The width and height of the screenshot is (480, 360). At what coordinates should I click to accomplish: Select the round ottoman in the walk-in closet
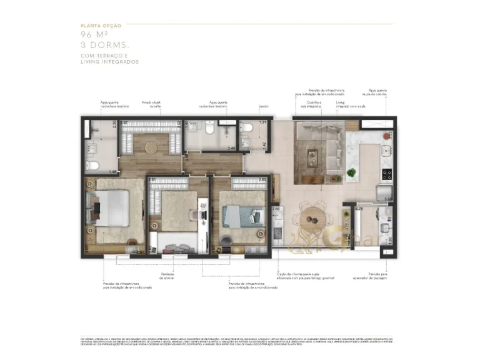click(x=152, y=148)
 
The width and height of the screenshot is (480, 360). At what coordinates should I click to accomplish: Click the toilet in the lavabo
click(x=247, y=127)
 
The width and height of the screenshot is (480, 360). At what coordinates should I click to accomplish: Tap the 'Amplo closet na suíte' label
click(x=151, y=105)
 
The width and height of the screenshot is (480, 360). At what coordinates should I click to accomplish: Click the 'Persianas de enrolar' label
click(x=167, y=276)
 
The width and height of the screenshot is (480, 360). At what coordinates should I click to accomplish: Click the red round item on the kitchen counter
click(x=391, y=133)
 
